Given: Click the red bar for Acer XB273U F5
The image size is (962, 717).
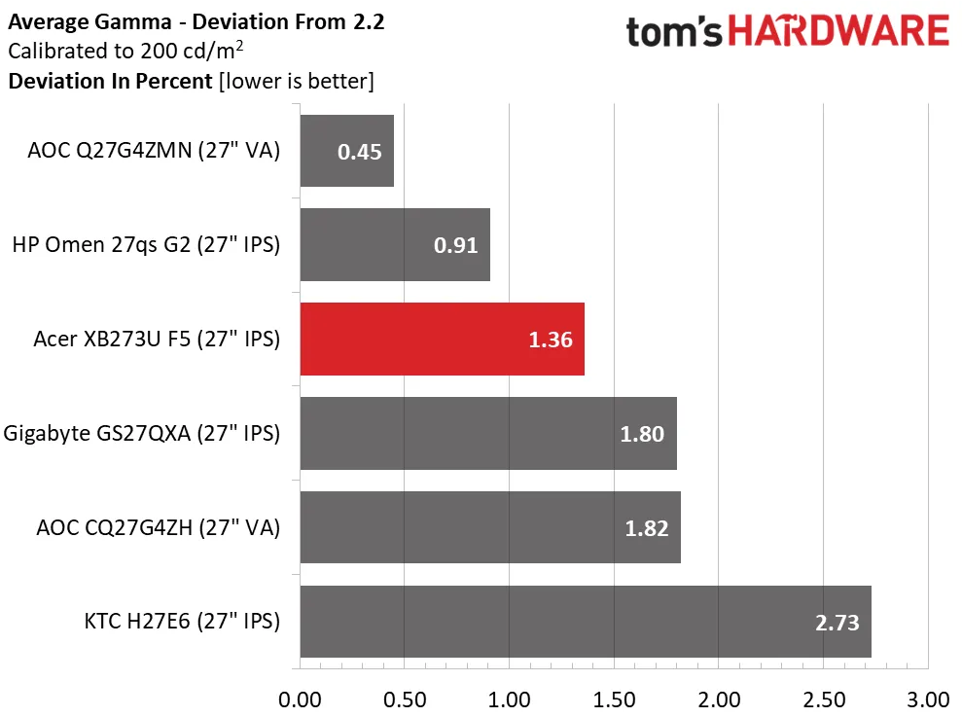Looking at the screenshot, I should (x=442, y=339).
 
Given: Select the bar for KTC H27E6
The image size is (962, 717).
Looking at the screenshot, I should (x=585, y=622).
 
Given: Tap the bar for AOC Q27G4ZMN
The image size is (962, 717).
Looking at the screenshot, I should (x=346, y=151).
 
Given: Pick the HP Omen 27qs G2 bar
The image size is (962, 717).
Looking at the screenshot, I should (x=394, y=245).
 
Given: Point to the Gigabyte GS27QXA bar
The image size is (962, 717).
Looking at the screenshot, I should (x=487, y=433).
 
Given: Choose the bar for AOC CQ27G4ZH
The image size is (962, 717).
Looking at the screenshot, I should (x=489, y=527).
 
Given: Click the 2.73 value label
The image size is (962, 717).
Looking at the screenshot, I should (x=836, y=623).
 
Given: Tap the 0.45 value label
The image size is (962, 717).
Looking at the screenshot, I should (x=359, y=152).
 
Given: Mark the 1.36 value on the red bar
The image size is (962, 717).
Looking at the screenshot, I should (x=550, y=340).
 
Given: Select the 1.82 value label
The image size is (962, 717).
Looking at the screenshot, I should (x=645, y=528).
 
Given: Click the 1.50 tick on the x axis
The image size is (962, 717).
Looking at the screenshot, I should (x=614, y=699).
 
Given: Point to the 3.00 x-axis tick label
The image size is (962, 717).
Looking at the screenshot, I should (x=928, y=699).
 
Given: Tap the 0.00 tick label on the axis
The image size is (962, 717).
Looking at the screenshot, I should (x=300, y=699).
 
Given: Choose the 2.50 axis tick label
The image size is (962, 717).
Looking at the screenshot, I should (x=823, y=699).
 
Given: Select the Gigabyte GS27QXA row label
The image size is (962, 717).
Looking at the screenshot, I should (x=142, y=433).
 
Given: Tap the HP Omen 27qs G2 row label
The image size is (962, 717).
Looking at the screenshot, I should (x=146, y=245).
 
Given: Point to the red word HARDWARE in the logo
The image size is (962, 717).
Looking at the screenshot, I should (x=839, y=31).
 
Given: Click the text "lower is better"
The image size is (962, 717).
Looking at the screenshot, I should (x=297, y=81).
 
